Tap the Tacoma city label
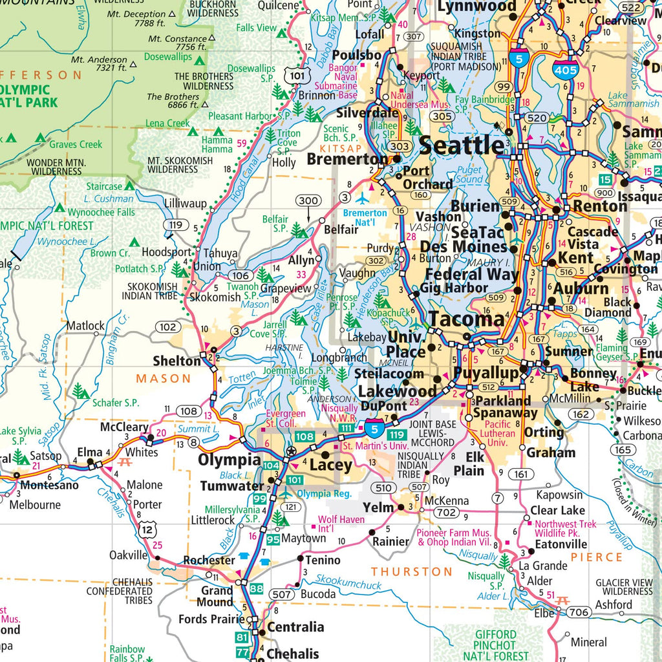pos(466,319)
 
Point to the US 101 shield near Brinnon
pos(296,76)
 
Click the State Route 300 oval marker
pos(307,201)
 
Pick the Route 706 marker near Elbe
pos(579,612)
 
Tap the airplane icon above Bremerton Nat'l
pos(363,198)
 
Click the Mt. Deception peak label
pos(136,14)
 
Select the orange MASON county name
pos(164,378)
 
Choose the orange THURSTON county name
pos(412,571)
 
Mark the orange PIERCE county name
pos(596,557)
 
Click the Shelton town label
pos(176,361)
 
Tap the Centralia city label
pos(295,626)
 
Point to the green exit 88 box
pos(257,588)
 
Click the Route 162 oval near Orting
pos(581,414)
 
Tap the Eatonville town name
pos(561,544)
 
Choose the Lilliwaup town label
pos(185,202)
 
